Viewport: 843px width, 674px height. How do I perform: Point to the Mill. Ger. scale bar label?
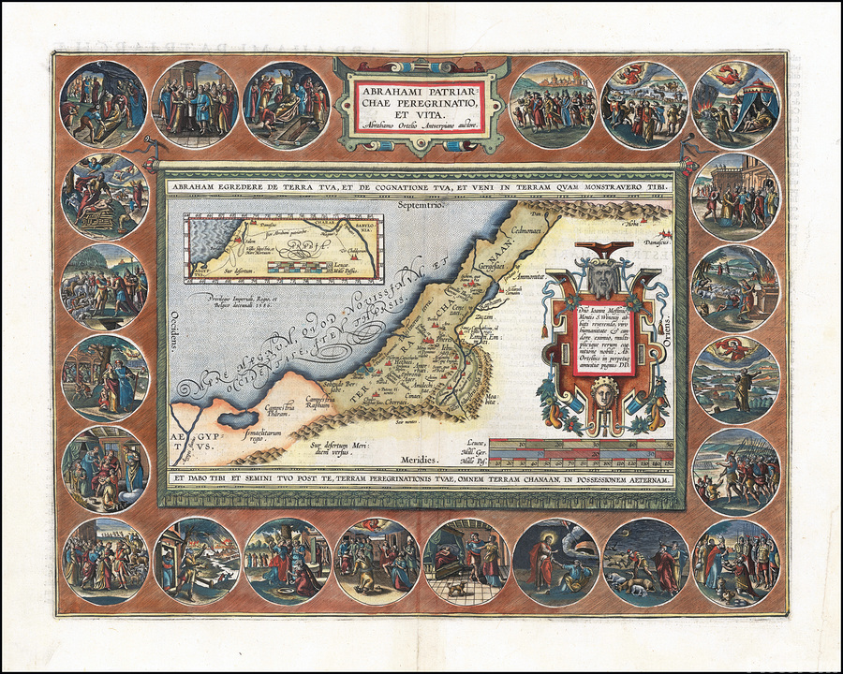point(472,452)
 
